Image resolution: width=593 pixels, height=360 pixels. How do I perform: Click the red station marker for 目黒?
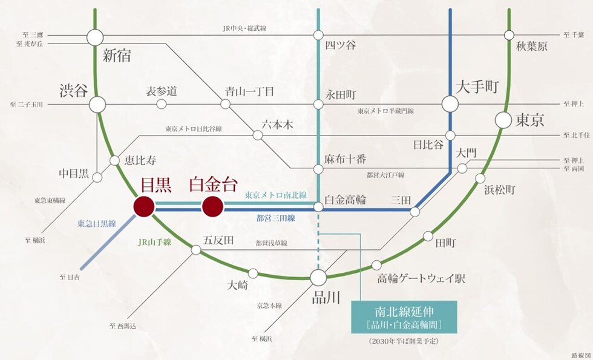(144, 206)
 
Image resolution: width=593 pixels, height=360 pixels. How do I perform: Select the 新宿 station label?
(117, 56)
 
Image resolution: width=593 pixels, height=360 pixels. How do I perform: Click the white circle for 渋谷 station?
(97, 105)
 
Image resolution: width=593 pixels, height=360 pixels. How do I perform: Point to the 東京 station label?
(529, 120)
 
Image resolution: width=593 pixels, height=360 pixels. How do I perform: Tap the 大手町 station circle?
(450, 104)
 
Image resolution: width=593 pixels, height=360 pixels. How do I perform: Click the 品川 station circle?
(318, 278)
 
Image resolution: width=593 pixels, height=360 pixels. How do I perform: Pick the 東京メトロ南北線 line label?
(275, 195)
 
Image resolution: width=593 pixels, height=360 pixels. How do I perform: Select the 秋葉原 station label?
(531, 46)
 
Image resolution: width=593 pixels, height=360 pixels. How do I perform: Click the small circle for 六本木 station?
(258, 135)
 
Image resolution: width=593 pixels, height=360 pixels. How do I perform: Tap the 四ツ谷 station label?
(340, 46)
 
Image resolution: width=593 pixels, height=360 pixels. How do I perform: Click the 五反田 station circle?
(196, 249)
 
